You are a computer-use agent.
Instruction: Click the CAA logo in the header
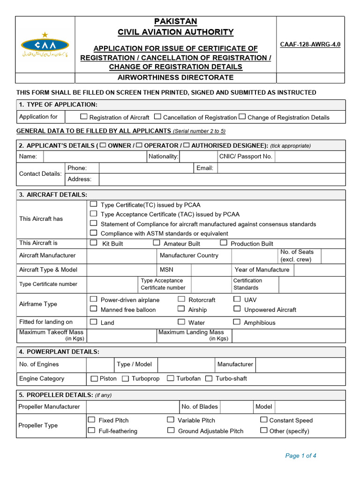point(45,45)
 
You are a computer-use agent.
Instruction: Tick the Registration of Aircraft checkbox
point(84,116)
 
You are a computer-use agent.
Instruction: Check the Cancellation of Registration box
point(158,116)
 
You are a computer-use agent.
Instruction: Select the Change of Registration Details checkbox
point(242,116)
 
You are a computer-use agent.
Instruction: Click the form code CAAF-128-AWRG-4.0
point(310,45)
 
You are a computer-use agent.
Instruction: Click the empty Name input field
point(94,157)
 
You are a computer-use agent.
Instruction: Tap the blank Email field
point(281,168)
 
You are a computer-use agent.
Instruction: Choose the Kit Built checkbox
point(94,243)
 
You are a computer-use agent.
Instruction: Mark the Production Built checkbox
point(224,243)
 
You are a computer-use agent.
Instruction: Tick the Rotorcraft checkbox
point(181,299)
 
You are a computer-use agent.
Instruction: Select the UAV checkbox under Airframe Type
point(237,299)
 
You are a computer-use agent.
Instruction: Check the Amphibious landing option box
point(237,322)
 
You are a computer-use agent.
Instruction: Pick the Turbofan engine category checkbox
point(171,378)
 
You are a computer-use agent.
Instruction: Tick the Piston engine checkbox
point(94,378)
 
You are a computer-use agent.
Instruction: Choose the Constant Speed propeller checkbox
point(264,420)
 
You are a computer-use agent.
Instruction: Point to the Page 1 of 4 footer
point(301,456)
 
